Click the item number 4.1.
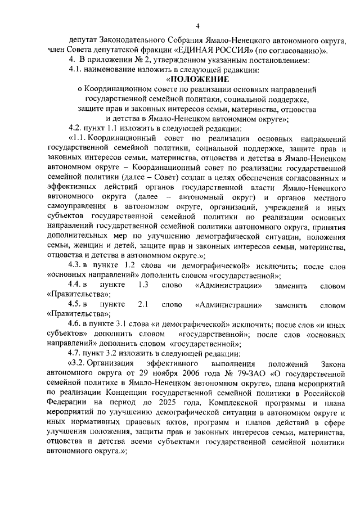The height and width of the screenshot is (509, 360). (76, 70)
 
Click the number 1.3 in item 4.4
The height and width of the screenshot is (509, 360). (143, 285)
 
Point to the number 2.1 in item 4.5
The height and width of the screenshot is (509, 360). (143, 305)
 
